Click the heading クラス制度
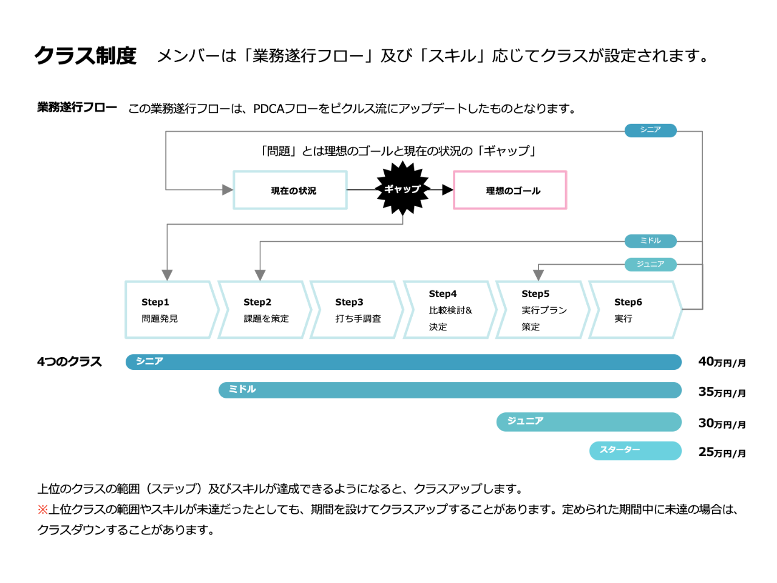86,56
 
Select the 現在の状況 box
290,190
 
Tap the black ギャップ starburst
402,189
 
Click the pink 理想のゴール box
510,190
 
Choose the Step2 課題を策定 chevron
264,310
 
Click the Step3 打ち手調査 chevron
356,310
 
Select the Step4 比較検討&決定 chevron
449,310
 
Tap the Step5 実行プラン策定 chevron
542,310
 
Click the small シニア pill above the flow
650,130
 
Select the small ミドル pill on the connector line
650,241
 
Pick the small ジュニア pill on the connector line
650,264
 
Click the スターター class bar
635,451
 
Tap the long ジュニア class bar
588,421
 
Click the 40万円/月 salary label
722,362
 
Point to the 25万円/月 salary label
722,452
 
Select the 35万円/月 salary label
722,392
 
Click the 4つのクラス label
69,362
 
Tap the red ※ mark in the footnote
42,510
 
